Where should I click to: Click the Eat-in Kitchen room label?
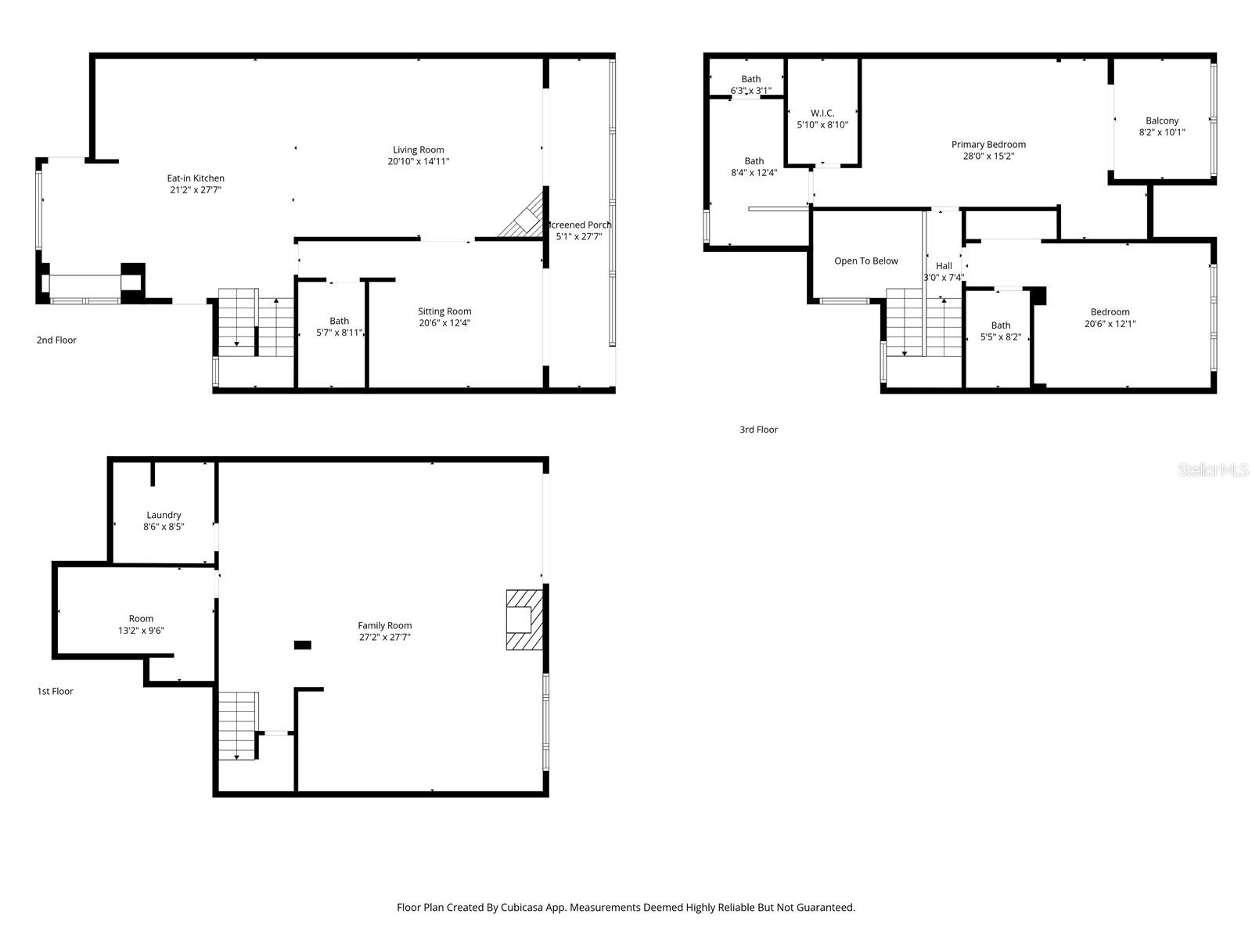click(196, 178)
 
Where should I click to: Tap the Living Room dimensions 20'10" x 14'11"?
click(419, 162)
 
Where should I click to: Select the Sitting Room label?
click(444, 311)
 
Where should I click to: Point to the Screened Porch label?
click(580, 225)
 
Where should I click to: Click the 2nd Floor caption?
click(56, 340)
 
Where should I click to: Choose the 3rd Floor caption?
click(758, 430)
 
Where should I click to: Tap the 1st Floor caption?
click(55, 692)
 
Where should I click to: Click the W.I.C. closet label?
click(822, 113)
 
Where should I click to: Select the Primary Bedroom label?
click(988, 145)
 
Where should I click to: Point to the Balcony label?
click(1162, 121)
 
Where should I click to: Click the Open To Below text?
click(866, 261)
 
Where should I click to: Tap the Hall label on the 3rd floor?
click(944, 266)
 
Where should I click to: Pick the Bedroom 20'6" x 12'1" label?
click(1110, 312)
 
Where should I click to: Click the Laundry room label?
click(164, 515)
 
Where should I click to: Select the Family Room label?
click(384, 625)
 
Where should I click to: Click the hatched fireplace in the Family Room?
click(523, 620)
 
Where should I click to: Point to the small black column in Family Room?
click(302, 645)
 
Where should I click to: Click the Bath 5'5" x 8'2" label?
click(1001, 326)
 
